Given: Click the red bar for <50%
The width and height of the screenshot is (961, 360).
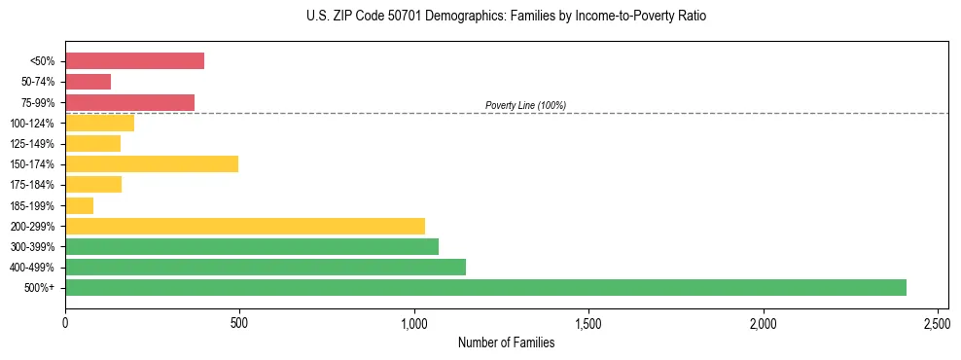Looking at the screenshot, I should pyautogui.click(x=134, y=61).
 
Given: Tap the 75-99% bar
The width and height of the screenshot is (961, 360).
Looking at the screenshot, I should pyautogui.click(x=129, y=102).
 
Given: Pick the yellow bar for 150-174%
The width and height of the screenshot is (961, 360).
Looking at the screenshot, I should pyautogui.click(x=152, y=163).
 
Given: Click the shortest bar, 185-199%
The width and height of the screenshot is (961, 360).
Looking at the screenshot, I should pyautogui.click(x=79, y=205).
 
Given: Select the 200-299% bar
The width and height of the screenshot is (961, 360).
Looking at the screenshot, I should pyautogui.click(x=245, y=226).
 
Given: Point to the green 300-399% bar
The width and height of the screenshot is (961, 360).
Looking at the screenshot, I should pyautogui.click(x=252, y=246).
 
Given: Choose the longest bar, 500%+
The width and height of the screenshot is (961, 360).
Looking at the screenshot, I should pyautogui.click(x=485, y=287).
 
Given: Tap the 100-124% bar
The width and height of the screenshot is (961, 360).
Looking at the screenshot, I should pyautogui.click(x=99, y=123).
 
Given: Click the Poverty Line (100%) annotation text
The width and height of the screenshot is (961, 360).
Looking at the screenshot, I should pyautogui.click(x=525, y=105).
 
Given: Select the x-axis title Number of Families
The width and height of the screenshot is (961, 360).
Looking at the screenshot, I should pyautogui.click(x=506, y=342).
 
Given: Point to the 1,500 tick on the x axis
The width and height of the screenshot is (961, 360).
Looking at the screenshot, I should pyautogui.click(x=588, y=321).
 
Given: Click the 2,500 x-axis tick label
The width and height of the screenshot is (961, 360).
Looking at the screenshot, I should pyautogui.click(x=938, y=321).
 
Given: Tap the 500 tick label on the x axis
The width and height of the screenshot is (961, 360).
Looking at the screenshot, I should pyautogui.click(x=239, y=321).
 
